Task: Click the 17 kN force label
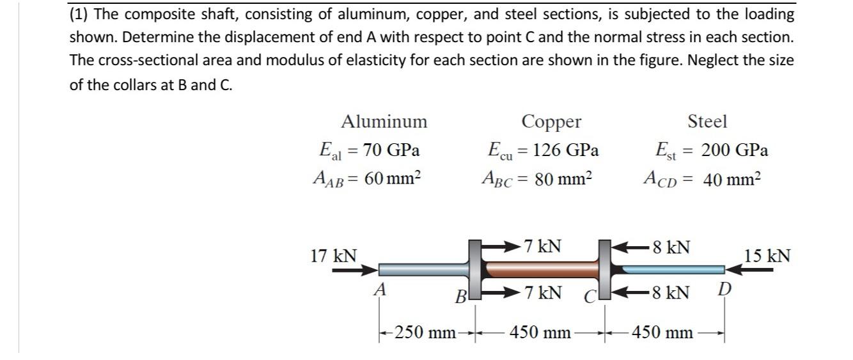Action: click(334, 256)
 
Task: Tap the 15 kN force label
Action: click(767, 256)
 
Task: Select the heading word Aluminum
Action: click(384, 121)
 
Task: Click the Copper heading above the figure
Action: click(551, 121)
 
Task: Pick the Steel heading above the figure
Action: click(707, 121)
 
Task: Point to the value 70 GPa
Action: click(391, 150)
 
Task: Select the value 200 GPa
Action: click(735, 150)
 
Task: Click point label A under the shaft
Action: click(380, 289)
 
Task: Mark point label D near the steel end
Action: click(722, 291)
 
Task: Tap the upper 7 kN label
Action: click(542, 246)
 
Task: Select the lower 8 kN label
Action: click(670, 293)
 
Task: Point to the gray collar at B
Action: click(474, 269)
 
